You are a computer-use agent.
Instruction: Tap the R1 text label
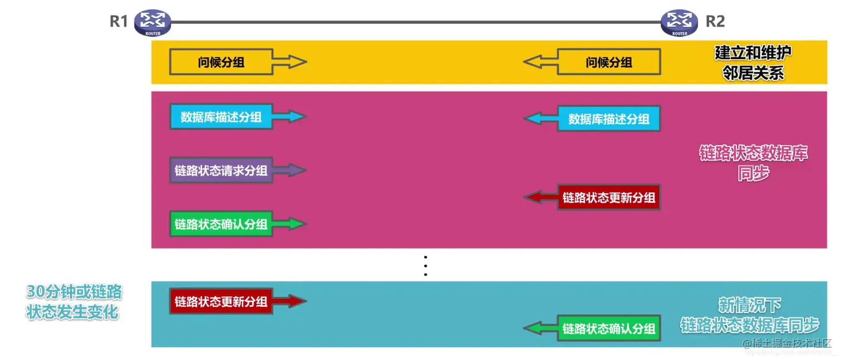pos(119,22)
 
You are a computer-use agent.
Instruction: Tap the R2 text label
pos(715,22)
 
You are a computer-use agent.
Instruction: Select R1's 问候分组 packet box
pos(221,62)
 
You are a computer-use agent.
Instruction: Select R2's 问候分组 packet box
pos(609,62)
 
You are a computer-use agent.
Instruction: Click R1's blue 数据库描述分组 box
pos(221,117)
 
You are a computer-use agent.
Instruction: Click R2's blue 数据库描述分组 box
pos(609,119)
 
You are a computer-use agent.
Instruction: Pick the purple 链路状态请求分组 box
pos(221,171)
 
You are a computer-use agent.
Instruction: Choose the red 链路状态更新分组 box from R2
pos(609,197)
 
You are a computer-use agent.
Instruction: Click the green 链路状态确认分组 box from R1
pos(221,224)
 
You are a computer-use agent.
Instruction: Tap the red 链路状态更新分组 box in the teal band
pos(221,301)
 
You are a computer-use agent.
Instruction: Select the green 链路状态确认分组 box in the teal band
pos(609,328)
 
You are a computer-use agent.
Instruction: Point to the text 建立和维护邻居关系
pos(753,62)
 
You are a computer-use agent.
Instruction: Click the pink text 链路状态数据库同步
pos(753,163)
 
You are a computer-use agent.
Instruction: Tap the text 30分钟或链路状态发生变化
pos(74,302)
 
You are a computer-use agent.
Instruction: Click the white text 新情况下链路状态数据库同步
pos(749,315)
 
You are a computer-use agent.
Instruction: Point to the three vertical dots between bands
pos(425,266)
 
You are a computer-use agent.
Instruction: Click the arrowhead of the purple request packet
pos(295,171)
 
